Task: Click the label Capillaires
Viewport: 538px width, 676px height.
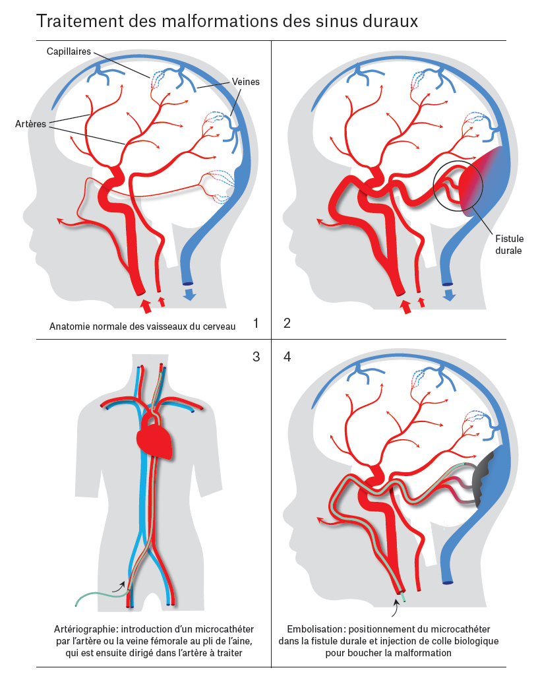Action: click(69, 51)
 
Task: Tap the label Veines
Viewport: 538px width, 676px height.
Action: click(246, 82)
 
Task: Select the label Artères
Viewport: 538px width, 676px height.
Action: click(30, 123)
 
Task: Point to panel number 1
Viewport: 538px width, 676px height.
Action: click(256, 323)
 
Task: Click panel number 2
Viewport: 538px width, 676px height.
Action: click(287, 323)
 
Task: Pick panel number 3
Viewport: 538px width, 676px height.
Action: click(256, 357)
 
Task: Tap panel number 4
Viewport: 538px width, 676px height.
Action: click(287, 357)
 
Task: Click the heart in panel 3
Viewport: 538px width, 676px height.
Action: click(155, 441)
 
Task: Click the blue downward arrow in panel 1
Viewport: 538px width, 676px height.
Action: click(190, 294)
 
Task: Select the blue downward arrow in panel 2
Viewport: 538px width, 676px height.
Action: click(450, 294)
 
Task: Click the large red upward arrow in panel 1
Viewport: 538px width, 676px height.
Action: click(146, 305)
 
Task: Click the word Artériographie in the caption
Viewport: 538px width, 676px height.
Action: click(82, 629)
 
